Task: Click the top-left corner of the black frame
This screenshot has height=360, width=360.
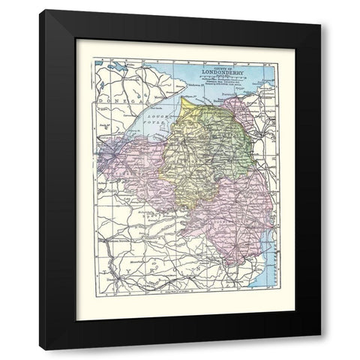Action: tap(41, 12)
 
